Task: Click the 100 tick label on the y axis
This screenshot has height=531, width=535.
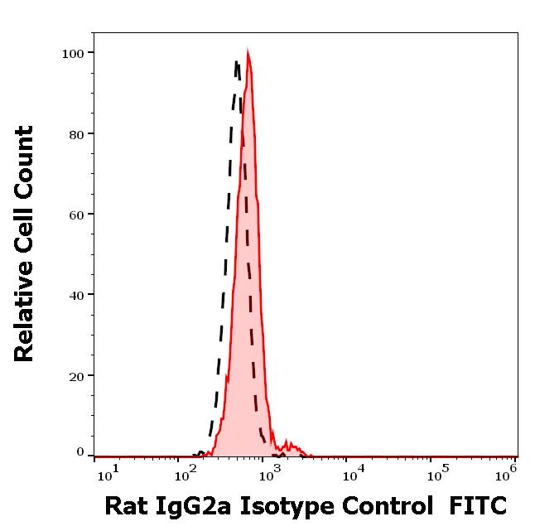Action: tap(73, 54)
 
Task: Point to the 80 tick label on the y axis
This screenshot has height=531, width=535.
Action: tap(76, 134)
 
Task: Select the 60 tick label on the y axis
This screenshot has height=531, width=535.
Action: tap(76, 215)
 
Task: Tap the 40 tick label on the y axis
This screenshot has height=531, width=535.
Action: tap(76, 295)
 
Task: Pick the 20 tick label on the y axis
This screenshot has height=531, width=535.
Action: tap(76, 375)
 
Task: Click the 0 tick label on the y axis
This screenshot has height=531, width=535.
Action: tap(80, 452)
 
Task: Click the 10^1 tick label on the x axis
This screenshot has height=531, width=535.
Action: tap(108, 471)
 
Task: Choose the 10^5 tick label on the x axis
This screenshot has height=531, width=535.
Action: tap(436, 471)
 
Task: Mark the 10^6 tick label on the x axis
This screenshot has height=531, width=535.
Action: tap(507, 471)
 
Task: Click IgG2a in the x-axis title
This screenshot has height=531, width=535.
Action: tap(198, 506)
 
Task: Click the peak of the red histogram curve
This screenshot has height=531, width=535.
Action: tap(248, 53)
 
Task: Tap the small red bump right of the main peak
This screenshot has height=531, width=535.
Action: tap(290, 445)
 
